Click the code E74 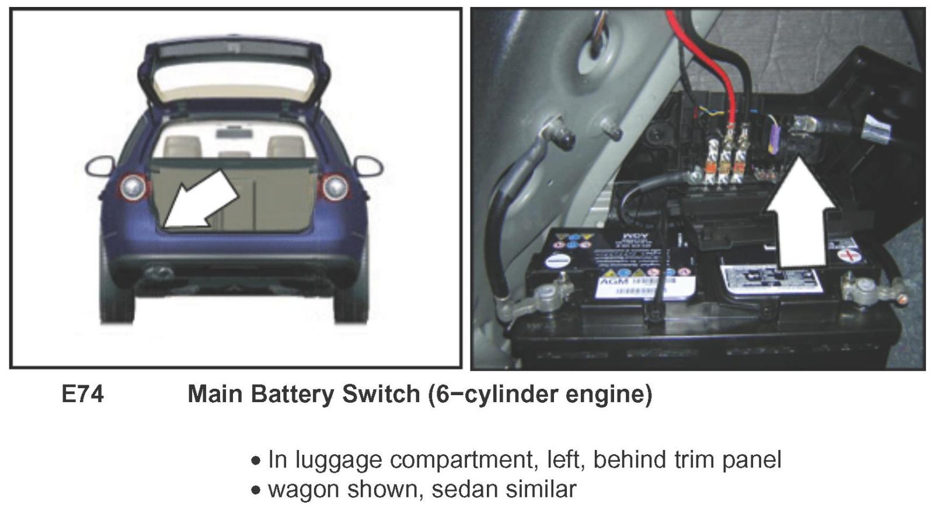click(82, 395)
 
